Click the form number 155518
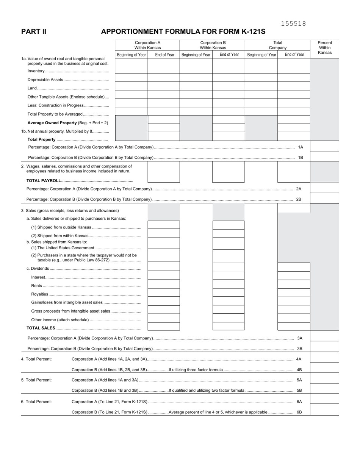pos(293,24)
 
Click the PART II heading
pos(34,32)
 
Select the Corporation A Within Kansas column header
pos(147,45)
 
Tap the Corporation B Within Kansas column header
pos(213,45)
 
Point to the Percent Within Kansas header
pos(324,48)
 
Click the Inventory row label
pos(36,71)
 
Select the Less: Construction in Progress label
pos(55,105)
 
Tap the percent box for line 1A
pos(324,146)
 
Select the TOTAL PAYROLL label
pos(44,181)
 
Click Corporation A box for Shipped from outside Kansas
pos(163,225)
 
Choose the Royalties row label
pos(39,294)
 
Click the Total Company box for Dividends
pos(294,267)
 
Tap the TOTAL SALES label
pos(41,328)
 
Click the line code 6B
pos(299,412)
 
